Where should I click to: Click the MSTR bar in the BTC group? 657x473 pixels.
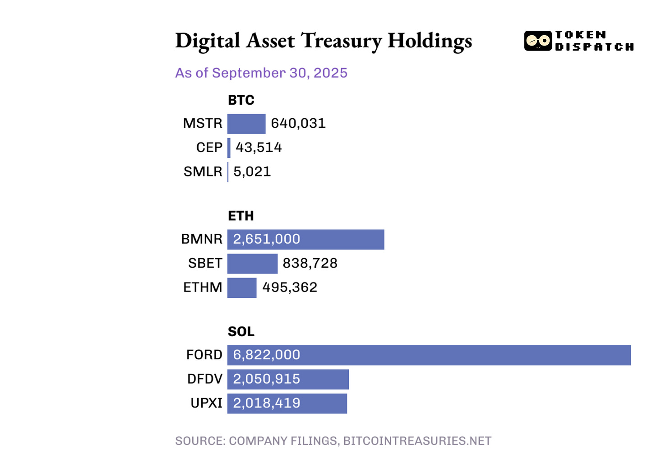[246, 124]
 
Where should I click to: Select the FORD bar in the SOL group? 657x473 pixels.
[429, 355]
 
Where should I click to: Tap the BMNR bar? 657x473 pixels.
[305, 239]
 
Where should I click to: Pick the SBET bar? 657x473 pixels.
[252, 264]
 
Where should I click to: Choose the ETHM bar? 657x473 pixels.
[242, 288]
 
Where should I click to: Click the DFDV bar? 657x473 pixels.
[288, 379]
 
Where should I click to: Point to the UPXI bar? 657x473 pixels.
[287, 403]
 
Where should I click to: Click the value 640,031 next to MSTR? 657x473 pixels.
[298, 123]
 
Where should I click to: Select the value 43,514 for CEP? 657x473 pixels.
[259, 148]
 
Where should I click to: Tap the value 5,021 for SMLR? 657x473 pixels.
[252, 172]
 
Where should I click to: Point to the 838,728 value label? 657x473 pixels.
[310, 263]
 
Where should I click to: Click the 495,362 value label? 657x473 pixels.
[290, 288]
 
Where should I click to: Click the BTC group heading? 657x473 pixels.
[241, 100]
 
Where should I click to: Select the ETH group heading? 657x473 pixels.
[241, 216]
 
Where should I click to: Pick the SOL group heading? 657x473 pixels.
[241, 332]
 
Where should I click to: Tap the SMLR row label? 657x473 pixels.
[203, 172]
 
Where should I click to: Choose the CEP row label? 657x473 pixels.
[209, 148]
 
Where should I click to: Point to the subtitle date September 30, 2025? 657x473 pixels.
[280, 73]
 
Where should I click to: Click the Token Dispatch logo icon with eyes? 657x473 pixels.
[538, 41]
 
